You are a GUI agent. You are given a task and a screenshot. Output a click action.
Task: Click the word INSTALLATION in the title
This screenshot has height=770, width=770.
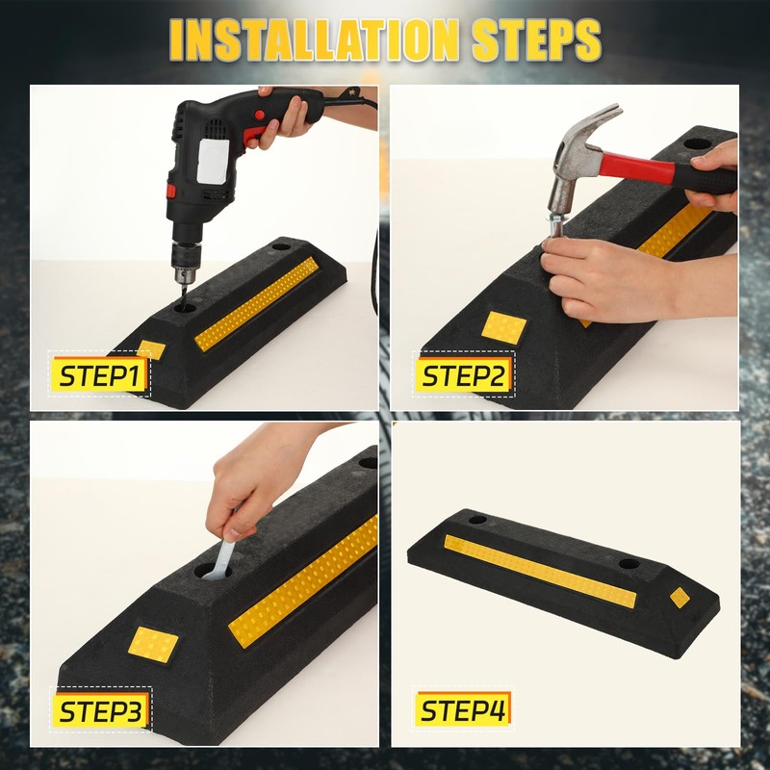[317, 40]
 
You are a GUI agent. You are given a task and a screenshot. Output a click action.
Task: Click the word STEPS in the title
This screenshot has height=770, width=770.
[537, 40]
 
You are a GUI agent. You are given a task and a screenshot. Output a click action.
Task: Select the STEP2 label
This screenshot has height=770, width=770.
[464, 375]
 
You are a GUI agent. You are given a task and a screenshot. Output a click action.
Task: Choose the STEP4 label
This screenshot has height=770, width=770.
[463, 709]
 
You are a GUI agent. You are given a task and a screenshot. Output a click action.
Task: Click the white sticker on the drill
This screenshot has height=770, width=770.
[213, 160]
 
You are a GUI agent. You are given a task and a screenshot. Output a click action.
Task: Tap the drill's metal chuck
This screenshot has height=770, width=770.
[186, 261]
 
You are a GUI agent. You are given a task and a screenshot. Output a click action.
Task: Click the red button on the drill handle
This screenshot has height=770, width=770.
[259, 115]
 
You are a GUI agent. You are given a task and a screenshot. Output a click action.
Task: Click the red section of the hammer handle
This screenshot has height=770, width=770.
[637, 167]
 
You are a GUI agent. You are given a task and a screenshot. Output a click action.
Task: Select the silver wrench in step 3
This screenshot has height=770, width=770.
[221, 554]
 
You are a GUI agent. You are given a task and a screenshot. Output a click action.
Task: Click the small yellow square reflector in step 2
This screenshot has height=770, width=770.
[503, 327]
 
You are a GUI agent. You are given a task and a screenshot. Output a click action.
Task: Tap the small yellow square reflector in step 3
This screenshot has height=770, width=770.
[153, 644]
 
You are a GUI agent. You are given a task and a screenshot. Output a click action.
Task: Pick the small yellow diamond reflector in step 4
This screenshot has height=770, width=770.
[680, 597]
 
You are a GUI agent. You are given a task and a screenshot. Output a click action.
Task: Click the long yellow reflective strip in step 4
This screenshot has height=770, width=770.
[540, 571]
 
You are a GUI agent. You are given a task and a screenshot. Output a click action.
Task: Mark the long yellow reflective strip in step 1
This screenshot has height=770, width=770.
[257, 303]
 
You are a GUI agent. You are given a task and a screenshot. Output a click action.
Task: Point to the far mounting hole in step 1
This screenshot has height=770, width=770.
[282, 246]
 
